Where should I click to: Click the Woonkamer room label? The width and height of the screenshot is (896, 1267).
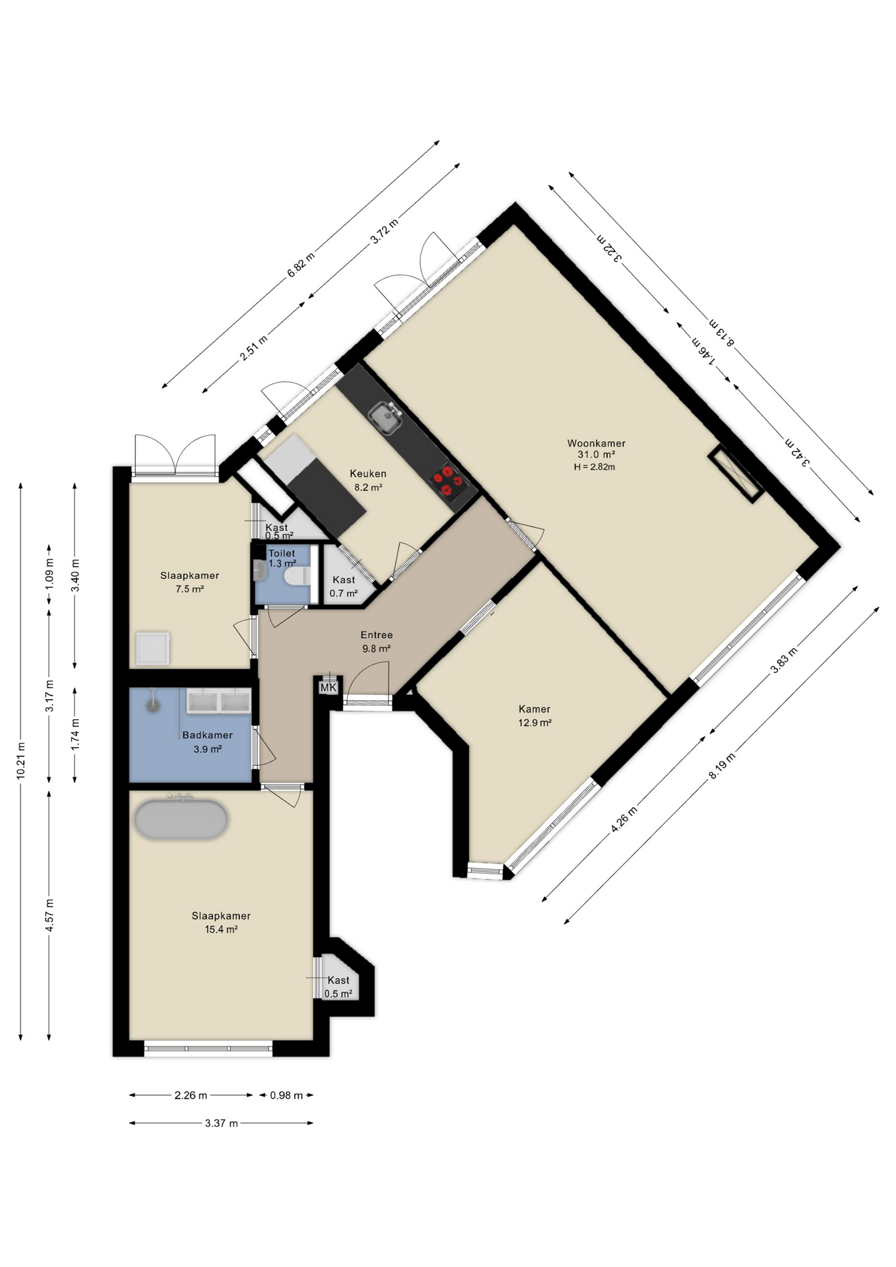(x=596, y=443)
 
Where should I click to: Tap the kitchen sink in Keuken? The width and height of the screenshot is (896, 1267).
(x=386, y=418)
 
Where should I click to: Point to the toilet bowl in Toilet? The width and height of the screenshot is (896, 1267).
(x=296, y=577)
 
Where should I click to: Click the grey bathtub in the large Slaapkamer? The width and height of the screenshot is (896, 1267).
(x=181, y=820)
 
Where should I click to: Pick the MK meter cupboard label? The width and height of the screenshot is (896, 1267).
(x=328, y=688)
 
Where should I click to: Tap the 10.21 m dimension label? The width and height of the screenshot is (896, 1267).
(x=21, y=761)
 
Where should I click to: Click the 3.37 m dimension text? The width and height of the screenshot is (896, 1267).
(x=221, y=1123)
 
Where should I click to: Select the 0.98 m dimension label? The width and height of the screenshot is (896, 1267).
(x=286, y=1095)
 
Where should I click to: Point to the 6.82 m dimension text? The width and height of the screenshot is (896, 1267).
(x=301, y=265)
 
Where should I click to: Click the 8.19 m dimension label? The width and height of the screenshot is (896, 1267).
(x=722, y=765)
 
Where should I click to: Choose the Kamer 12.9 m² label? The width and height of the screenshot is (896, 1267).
(x=534, y=715)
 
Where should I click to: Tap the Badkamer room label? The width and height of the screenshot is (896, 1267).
(x=207, y=735)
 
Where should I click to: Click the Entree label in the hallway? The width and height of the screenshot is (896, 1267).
(x=376, y=635)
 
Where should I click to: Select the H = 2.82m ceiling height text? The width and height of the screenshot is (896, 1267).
(x=594, y=467)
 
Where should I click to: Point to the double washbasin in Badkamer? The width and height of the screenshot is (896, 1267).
(x=218, y=701)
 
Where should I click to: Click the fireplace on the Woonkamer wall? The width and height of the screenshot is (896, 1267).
(x=736, y=474)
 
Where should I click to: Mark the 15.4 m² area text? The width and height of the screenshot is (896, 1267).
(x=221, y=930)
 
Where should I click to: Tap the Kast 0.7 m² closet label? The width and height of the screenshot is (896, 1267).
(x=344, y=587)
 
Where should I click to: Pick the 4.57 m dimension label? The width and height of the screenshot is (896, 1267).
(x=49, y=915)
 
